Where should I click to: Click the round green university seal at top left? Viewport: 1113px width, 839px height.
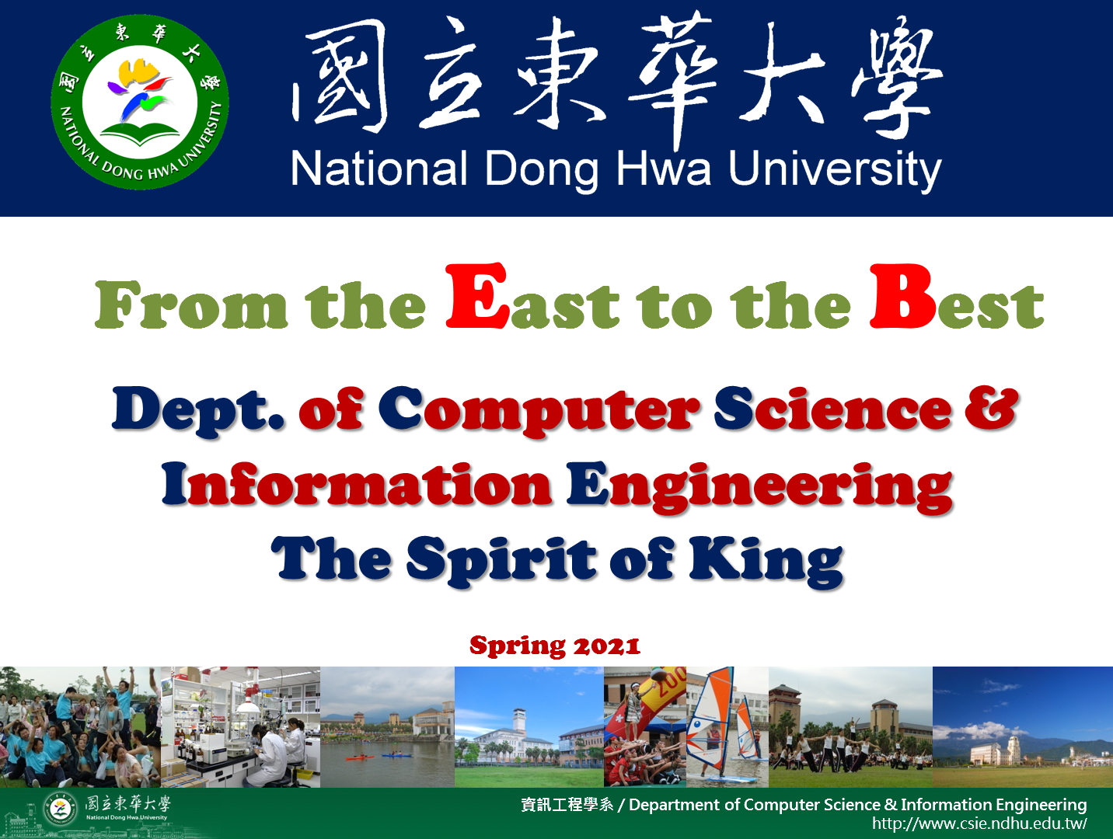point(140,103)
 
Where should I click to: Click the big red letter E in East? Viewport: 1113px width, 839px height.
point(476,295)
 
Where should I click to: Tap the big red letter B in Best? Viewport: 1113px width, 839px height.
point(902,295)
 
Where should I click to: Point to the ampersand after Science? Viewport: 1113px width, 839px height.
point(991,409)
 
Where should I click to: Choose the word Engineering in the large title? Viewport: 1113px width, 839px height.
point(759,486)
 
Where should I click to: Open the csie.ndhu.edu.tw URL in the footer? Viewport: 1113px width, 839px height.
point(979,823)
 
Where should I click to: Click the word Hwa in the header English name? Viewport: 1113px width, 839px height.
point(665,169)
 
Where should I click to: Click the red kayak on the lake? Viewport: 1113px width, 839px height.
point(360,758)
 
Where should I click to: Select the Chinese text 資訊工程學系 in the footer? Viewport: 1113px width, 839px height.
point(567,805)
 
